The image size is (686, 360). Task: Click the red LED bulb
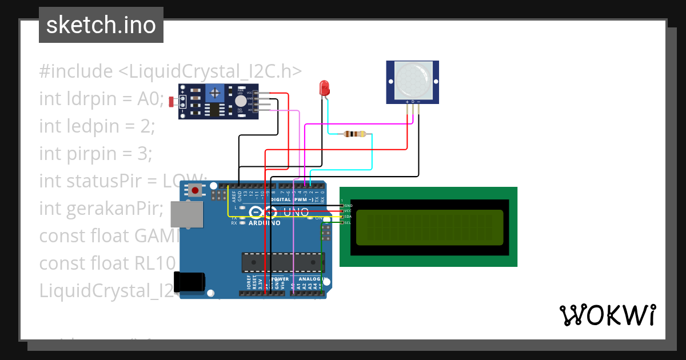(324, 88)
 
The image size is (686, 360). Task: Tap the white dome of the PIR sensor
(413, 81)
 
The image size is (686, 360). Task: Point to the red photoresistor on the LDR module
(171, 102)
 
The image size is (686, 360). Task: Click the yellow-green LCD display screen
(430, 227)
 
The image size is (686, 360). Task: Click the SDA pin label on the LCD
(348, 217)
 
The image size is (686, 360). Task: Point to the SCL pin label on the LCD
(348, 222)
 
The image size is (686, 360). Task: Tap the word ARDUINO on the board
(264, 223)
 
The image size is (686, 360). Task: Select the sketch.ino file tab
(101, 25)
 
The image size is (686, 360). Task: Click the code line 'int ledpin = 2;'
(97, 126)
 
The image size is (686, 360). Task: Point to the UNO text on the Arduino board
(296, 213)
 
